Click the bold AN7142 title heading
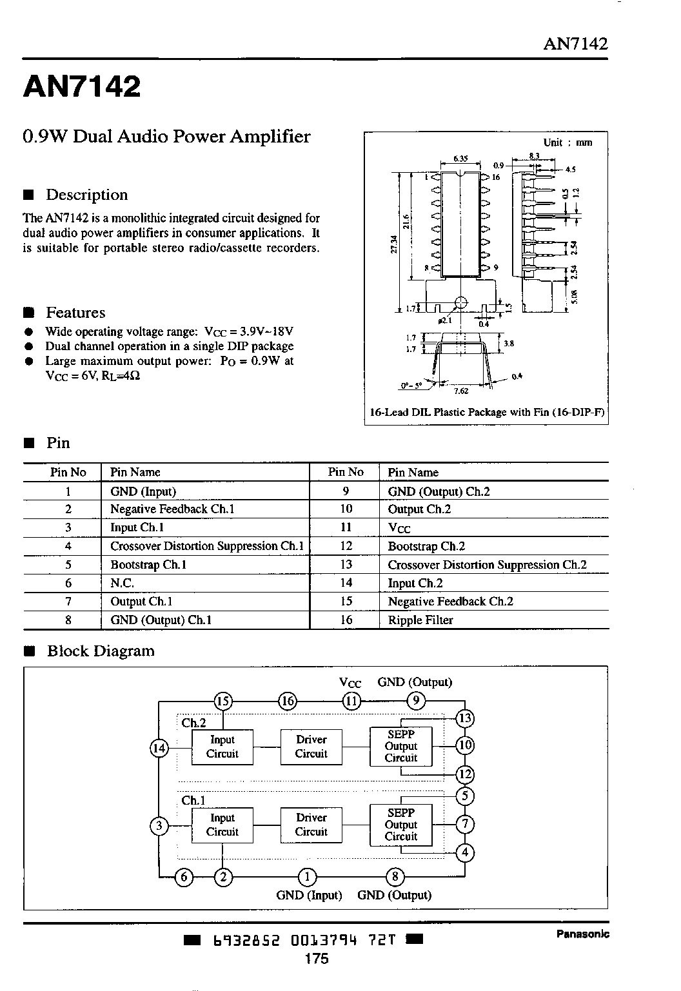[x=82, y=86]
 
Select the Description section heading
[x=86, y=195]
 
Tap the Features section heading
[x=75, y=312]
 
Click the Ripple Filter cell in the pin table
[x=420, y=620]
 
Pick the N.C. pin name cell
[x=122, y=583]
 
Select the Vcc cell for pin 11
[x=399, y=528]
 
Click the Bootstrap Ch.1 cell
[x=148, y=565]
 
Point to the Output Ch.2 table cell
[x=419, y=509]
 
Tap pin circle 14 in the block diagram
[x=159, y=748]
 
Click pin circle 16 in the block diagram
[x=288, y=701]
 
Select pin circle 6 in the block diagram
[x=184, y=877]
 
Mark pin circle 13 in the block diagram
[x=465, y=718]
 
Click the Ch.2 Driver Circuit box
[x=311, y=747]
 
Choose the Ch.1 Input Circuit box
[x=222, y=825]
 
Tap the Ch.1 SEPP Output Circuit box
[x=401, y=825]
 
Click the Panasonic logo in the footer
[x=582, y=934]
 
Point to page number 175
[x=317, y=958]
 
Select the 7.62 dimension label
[x=461, y=391]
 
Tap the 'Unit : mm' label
[x=567, y=142]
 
